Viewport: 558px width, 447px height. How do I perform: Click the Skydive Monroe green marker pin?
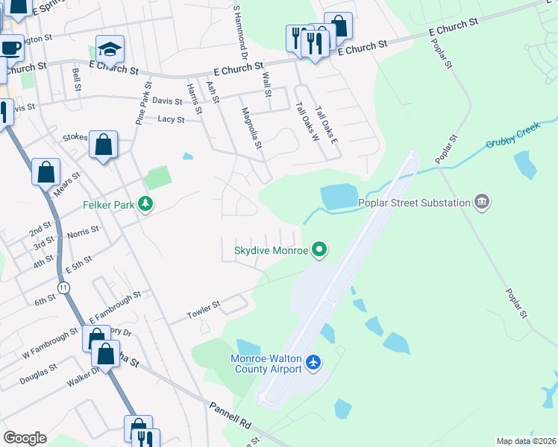320,250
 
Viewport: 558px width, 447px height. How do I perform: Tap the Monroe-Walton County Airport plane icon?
313,363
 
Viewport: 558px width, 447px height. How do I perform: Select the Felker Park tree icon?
147,203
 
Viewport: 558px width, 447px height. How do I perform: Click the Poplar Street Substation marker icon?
482,202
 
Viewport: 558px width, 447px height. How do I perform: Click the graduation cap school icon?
110,50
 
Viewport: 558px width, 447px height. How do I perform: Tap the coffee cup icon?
10,48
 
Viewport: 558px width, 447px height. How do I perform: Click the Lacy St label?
171,119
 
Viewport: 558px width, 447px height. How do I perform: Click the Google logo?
25,438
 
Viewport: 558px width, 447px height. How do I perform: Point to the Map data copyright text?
527,441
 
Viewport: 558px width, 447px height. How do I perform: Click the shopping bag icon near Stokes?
104,143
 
